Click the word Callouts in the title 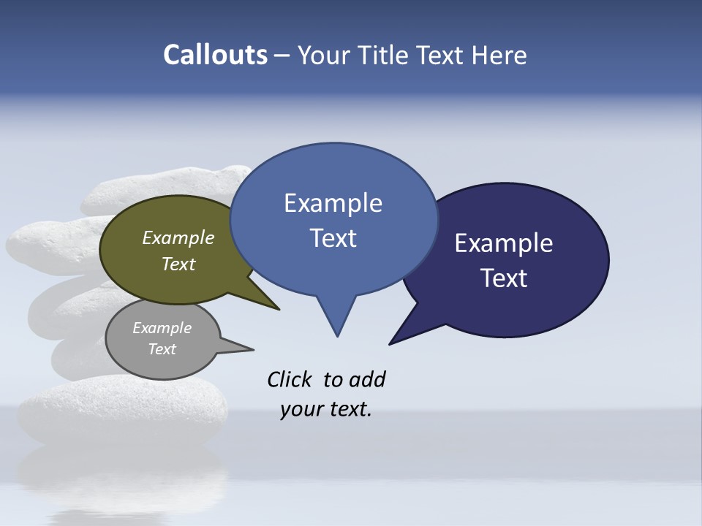pyautogui.click(x=216, y=56)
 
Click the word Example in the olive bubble pyautogui.click(x=178, y=238)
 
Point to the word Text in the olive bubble pyautogui.click(x=178, y=264)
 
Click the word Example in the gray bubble pyautogui.click(x=162, y=328)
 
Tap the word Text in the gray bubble pyautogui.click(x=162, y=349)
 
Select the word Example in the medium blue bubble pyautogui.click(x=333, y=203)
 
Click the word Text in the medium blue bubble pyautogui.click(x=333, y=237)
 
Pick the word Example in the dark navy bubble pyautogui.click(x=504, y=243)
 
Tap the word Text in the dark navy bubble pyautogui.click(x=504, y=278)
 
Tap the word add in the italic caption pyautogui.click(x=367, y=379)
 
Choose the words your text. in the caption pyautogui.click(x=326, y=409)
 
